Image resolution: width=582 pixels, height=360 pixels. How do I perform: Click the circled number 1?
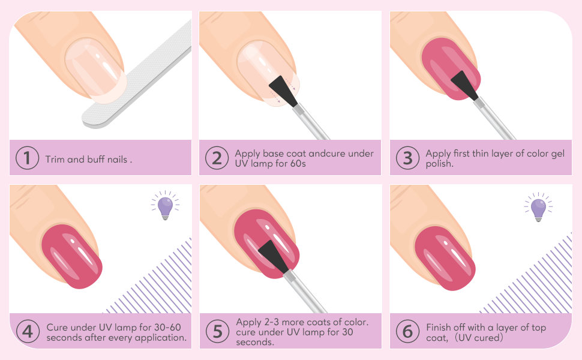pos(27,158)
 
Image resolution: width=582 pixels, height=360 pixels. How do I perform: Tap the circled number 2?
pos(217,158)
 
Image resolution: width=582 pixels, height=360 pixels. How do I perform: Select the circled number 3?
pos(407,158)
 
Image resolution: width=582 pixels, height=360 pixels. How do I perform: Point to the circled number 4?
pos(28,331)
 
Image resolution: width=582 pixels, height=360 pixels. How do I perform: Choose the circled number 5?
pos(218,331)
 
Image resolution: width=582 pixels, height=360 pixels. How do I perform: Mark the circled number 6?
pos(407,331)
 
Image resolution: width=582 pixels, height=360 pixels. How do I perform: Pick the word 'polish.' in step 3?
pos(439,164)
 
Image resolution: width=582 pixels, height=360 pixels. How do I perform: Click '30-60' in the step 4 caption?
pos(167,328)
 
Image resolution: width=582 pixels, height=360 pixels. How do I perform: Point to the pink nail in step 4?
pos(71,256)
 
